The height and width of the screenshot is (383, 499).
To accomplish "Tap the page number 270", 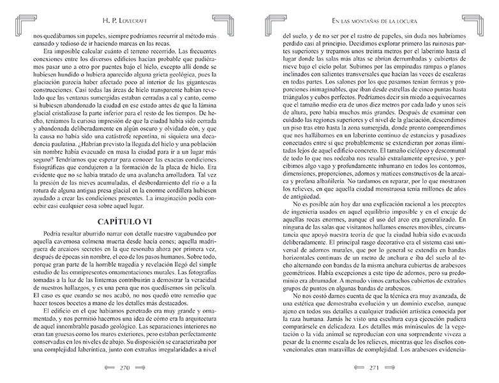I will click(125, 368).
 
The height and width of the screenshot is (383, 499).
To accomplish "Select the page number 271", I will click(376, 368).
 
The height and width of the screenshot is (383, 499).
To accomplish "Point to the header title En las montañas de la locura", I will click(376, 22).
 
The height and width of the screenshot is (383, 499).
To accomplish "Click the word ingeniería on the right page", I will click(297, 237).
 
